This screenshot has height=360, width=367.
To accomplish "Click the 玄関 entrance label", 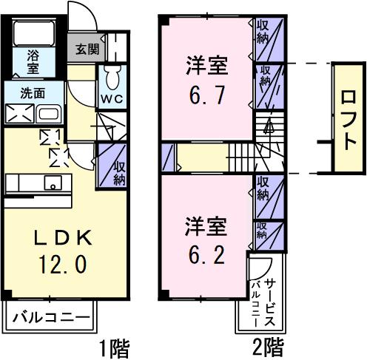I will coord(82,50).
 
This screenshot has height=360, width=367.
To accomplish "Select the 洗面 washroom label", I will coord(32,94).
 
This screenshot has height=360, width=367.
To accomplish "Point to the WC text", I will coord(112,97).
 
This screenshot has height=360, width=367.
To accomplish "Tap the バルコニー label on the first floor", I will coord(51,319).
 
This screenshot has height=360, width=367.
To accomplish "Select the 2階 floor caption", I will coord(266,345).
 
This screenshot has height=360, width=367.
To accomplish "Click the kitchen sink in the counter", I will coord(53,183).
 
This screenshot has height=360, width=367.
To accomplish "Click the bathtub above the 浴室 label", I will coord(34,33).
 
